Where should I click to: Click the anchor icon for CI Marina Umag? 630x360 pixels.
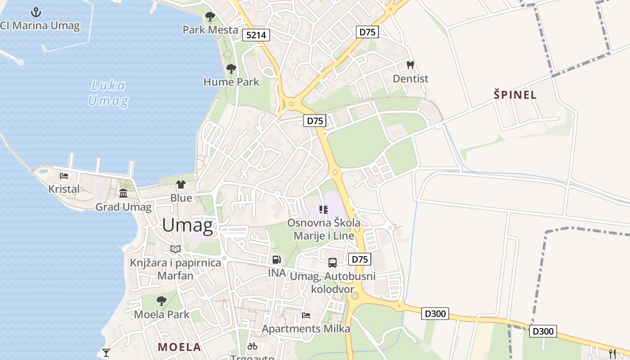tap(36, 12)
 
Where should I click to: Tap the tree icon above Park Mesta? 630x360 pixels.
tap(210, 17)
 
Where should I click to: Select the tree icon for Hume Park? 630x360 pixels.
tap(231, 69)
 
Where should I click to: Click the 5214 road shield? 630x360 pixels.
tap(256, 35)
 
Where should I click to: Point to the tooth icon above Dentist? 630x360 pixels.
tap(410, 65)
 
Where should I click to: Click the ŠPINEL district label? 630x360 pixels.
tap(515, 95)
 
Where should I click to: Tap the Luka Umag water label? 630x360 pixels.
tap(108, 93)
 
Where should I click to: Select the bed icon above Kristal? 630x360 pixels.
tap(63, 176)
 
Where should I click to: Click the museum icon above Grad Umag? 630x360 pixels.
tap(123, 193)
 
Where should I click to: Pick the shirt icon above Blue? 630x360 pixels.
tap(181, 184)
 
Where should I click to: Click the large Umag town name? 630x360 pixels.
tap(187, 225)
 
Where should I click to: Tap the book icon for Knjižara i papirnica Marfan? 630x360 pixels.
tap(175, 249)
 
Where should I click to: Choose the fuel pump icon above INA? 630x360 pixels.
tap(277, 260)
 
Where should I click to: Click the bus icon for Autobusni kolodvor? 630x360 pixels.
tap(332, 263)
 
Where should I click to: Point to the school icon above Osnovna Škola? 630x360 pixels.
tap(324, 209)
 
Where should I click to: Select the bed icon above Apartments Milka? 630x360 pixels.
tap(306, 315)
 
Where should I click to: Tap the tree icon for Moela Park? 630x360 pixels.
tap(162, 301)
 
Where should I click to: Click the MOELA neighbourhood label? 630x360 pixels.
tap(179, 347)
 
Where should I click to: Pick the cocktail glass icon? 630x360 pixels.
tap(106, 352)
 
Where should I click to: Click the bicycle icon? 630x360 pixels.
tap(252, 346)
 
